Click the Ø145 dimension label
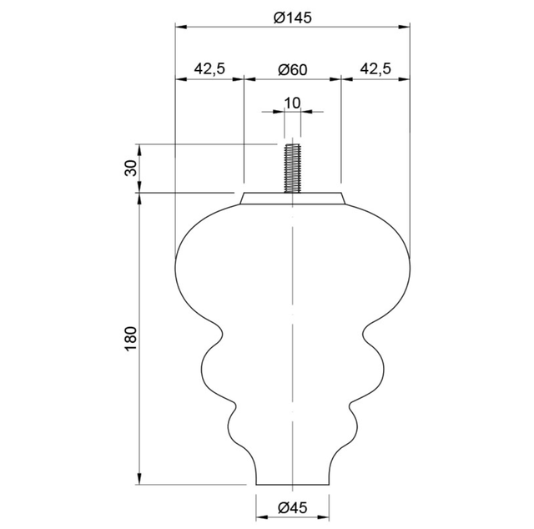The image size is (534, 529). pos(292,18)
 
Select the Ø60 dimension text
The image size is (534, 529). pos(292,69)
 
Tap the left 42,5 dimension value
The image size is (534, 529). pos(209,68)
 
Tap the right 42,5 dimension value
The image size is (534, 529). pos(375,68)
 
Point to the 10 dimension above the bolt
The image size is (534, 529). pos(292,103)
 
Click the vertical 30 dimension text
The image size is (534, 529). pos(131,168)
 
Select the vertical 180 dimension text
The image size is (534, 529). pos(131,339)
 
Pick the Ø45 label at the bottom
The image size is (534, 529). pos(292,508)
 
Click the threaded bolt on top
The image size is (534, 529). pos(293,169)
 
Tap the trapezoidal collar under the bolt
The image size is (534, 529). pos(293,199)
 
